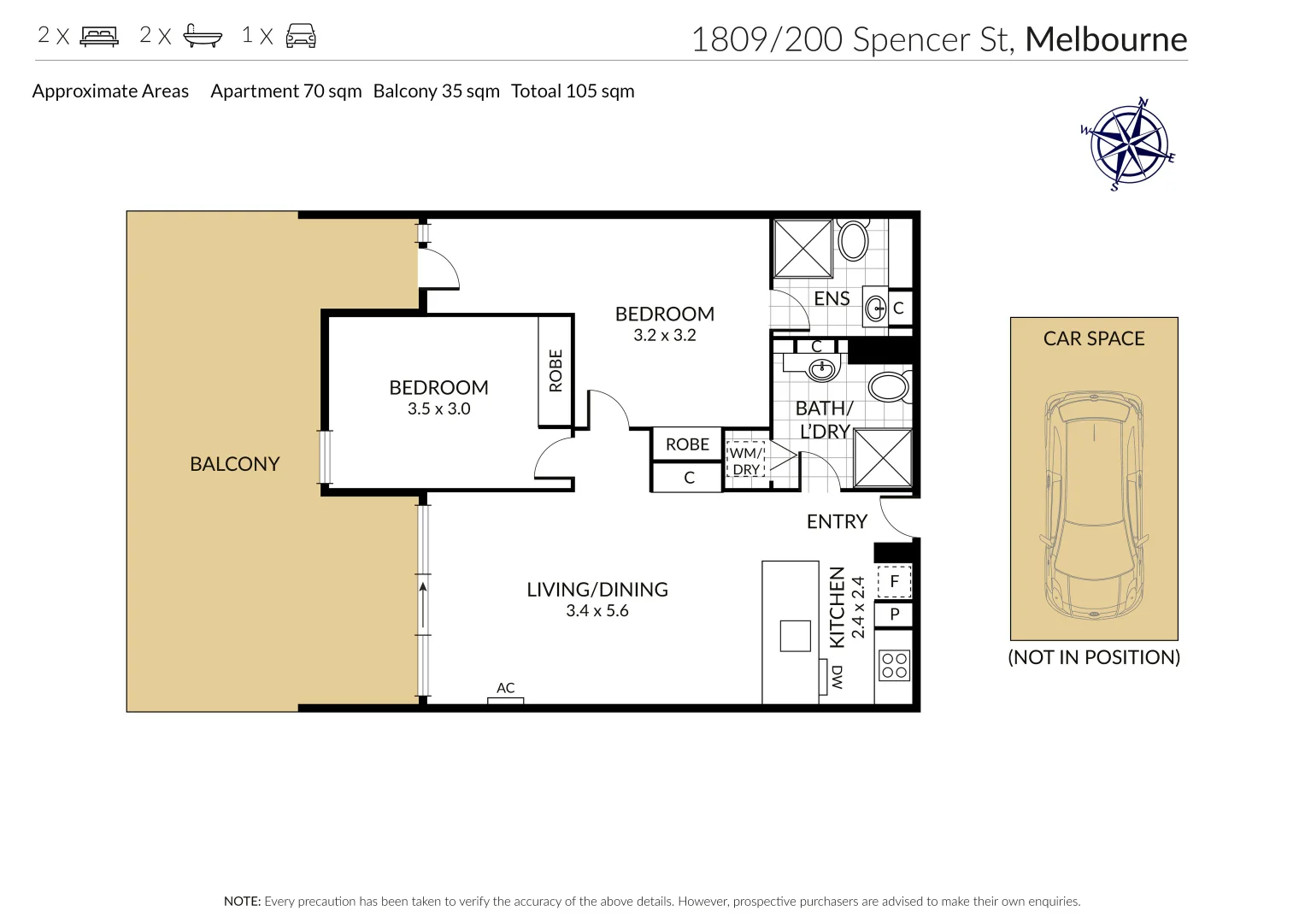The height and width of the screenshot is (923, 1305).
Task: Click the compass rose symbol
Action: (x=1129, y=144)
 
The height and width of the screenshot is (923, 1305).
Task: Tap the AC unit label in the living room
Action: (x=506, y=688)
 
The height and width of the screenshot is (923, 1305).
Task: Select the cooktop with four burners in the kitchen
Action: (x=894, y=666)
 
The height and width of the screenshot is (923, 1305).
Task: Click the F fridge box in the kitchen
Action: (x=894, y=581)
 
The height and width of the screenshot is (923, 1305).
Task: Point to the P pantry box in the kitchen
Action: (x=894, y=614)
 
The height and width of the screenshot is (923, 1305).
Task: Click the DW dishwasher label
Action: (x=837, y=678)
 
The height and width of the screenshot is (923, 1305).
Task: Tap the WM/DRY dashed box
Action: (x=746, y=461)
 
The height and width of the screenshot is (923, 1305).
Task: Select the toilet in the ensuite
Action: (x=854, y=239)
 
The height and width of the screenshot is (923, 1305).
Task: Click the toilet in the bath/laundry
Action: (x=890, y=387)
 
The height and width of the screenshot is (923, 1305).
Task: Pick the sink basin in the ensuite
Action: (x=875, y=308)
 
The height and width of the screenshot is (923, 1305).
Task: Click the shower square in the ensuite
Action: (x=802, y=249)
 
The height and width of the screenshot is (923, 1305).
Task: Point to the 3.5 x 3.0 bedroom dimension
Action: (x=438, y=409)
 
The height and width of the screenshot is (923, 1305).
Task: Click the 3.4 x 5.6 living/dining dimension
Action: (x=597, y=611)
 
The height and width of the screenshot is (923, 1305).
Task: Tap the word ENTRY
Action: (x=838, y=521)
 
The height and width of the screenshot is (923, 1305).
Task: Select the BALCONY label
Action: (x=235, y=464)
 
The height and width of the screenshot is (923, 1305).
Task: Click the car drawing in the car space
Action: (x=1094, y=504)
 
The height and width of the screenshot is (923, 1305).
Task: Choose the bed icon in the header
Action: (x=100, y=36)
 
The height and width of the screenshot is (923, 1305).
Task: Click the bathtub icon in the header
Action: (x=203, y=36)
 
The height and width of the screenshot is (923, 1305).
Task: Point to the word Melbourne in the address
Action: (x=1106, y=39)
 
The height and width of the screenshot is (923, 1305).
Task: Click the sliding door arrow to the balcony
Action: (x=423, y=605)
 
